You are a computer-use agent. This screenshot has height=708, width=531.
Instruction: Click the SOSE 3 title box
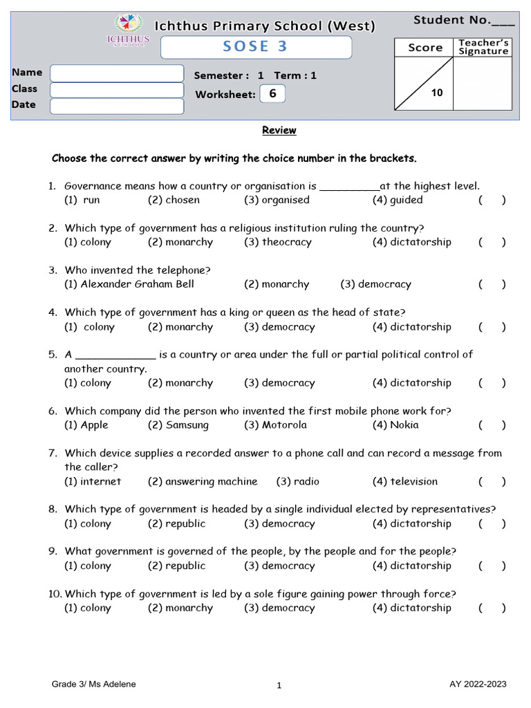point(256,47)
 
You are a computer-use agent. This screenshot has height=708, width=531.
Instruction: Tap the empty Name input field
point(117,73)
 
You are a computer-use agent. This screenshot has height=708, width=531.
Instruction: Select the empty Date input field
point(117,106)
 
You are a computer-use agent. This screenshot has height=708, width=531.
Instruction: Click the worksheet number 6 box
point(272,94)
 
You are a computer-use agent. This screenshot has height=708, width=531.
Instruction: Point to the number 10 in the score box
point(437,93)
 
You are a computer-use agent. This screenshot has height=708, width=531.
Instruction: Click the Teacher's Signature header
point(483,47)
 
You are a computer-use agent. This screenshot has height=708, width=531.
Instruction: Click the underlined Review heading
point(279,130)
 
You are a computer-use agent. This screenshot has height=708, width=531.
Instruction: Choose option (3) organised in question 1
point(277,200)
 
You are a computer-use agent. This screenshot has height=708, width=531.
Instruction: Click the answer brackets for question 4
point(492,327)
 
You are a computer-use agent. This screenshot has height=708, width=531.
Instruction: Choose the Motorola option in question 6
point(275,425)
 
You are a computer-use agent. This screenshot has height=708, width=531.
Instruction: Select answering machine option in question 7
point(203,481)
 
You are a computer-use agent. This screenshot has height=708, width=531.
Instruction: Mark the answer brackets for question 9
point(492,566)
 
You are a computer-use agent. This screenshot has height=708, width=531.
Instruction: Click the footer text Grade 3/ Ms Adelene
point(94,684)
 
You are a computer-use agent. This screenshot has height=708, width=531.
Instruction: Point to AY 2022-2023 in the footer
point(478,684)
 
